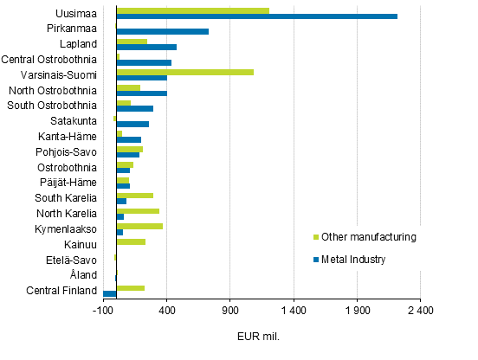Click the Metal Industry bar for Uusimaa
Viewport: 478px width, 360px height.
(x=256, y=16)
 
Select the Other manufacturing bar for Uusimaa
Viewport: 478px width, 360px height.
(x=192, y=10)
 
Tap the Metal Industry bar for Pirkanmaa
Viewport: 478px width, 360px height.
(x=162, y=31)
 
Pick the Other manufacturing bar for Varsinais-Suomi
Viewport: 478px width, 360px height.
(x=184, y=73)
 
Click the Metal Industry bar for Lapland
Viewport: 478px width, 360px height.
(x=146, y=47)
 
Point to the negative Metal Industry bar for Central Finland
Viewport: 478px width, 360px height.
(x=109, y=293)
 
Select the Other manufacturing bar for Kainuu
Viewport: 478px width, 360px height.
(x=131, y=241)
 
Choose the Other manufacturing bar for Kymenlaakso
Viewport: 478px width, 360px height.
(x=139, y=226)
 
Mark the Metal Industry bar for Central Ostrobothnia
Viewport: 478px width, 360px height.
(x=144, y=62)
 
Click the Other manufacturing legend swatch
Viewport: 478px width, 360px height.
(x=314, y=237)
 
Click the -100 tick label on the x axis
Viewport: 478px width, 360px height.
(x=103, y=311)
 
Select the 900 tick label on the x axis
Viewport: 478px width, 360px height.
(x=230, y=311)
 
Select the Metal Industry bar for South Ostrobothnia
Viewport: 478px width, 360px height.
(x=134, y=108)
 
